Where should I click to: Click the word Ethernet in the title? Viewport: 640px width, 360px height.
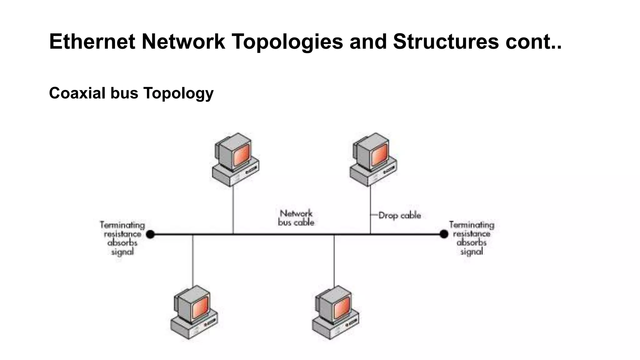(x=92, y=42)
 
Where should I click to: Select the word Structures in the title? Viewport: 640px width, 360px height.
(x=446, y=42)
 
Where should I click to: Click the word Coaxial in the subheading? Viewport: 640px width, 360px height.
(x=77, y=93)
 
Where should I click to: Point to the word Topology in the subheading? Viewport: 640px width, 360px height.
(x=178, y=93)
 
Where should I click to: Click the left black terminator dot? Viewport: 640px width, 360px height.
(x=150, y=234)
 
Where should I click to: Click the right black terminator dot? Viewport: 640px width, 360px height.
(x=444, y=234)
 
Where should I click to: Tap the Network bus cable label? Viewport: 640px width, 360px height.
(x=296, y=218)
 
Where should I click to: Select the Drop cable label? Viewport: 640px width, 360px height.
(x=399, y=215)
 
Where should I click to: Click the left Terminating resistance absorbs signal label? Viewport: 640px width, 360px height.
(x=122, y=238)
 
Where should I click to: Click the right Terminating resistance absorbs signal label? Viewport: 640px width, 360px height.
(x=472, y=238)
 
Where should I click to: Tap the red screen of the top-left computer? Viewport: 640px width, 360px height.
(x=241, y=155)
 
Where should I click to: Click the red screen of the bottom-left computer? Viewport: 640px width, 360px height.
(x=200, y=307)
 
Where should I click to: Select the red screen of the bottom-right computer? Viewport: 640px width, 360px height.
(x=341, y=307)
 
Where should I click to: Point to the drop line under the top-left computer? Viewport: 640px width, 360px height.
(x=233, y=209)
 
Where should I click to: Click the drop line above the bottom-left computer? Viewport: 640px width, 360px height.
(x=192, y=259)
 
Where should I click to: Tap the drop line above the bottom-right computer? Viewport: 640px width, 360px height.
(x=334, y=259)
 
